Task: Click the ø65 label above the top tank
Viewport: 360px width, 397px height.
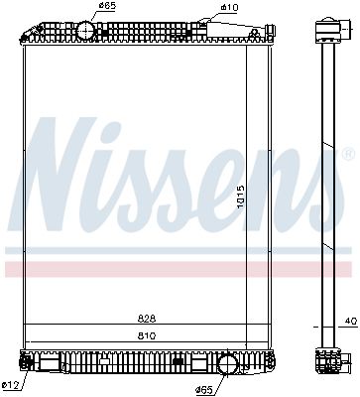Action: pos(107,7)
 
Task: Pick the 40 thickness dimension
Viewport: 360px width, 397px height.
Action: pos(350,322)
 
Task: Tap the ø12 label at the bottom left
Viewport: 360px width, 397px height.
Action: pos(11,386)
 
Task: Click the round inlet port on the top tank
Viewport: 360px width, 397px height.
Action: pos(86,31)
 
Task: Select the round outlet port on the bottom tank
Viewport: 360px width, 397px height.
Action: pos(227,364)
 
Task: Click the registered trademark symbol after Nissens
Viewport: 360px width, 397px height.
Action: pos(347,155)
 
